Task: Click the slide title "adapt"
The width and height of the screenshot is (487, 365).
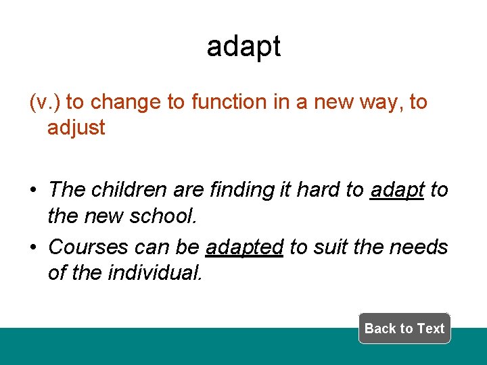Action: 243,46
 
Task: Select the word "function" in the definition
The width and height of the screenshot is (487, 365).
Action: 229,102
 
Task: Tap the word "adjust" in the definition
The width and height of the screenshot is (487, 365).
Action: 76,127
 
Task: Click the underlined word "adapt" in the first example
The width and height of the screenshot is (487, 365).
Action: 397,190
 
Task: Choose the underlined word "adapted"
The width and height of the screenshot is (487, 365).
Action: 244,247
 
